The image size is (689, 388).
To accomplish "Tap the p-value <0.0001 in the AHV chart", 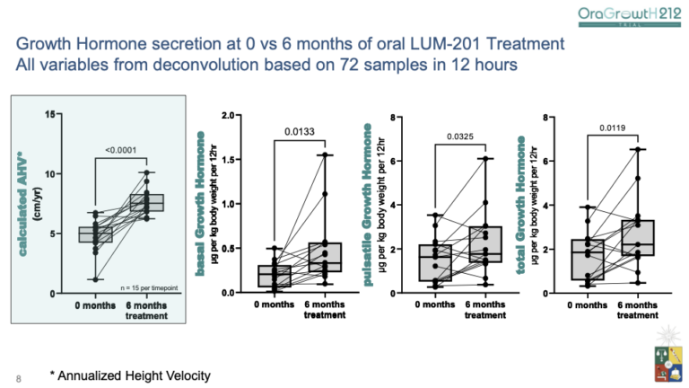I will pos(119,150).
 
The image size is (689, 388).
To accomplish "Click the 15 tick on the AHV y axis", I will pos(52,114).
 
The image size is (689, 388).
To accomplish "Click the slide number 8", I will pos(17,377).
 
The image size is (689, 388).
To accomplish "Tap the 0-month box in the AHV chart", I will pos(96,234).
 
